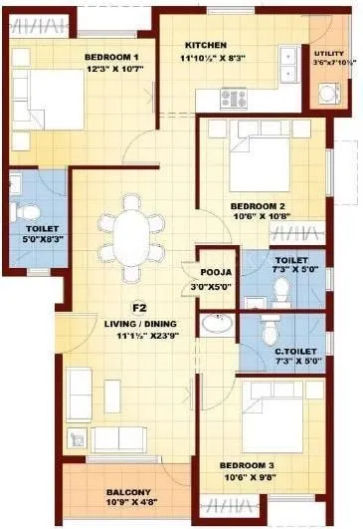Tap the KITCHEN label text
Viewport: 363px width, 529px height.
(206, 45)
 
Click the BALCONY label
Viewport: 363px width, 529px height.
(130, 492)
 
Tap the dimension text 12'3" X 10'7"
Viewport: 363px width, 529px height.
(113, 70)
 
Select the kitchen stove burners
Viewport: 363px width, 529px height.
(238, 98)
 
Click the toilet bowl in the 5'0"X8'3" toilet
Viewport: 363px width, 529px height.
(30, 211)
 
